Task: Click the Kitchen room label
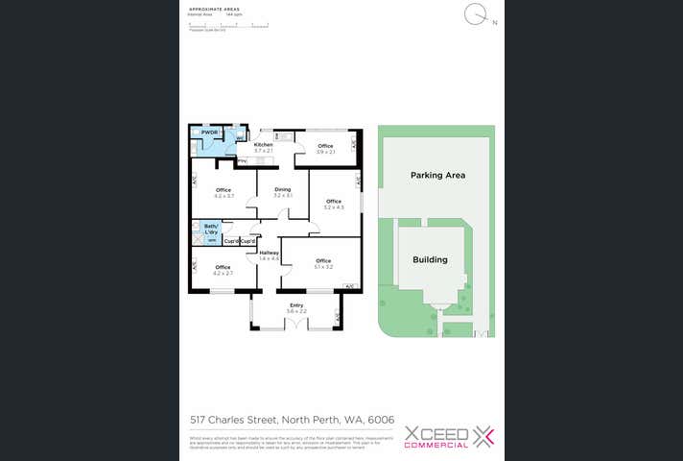tap(263, 145)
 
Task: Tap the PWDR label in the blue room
tap(209, 133)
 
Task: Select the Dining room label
tap(282, 189)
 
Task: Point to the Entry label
tap(296, 305)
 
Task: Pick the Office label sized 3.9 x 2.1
tap(325, 146)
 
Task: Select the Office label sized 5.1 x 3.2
tap(323, 261)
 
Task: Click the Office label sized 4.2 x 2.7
tap(223, 267)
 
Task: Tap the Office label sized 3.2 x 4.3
tap(333, 201)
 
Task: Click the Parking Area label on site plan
tap(437, 176)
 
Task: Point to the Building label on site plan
tap(430, 259)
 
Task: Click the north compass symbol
tap(475, 14)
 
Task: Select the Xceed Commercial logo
tap(449, 437)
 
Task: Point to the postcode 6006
tap(381, 420)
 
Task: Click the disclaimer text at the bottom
tap(278, 443)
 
